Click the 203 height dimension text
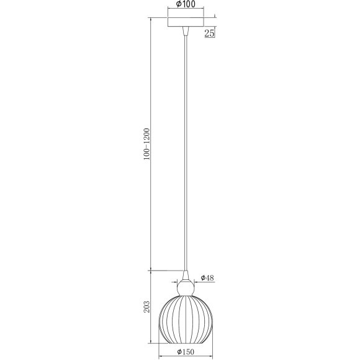coord(147,307)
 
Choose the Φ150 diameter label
coord(186,351)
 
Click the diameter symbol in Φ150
coord(179,351)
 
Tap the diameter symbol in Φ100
coord(179,4)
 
